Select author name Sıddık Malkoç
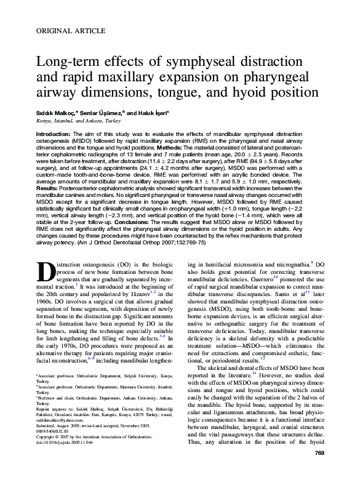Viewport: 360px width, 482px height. pos(54,114)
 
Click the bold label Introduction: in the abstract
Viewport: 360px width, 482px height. pos(54,134)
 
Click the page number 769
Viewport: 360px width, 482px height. pos(319,471)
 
